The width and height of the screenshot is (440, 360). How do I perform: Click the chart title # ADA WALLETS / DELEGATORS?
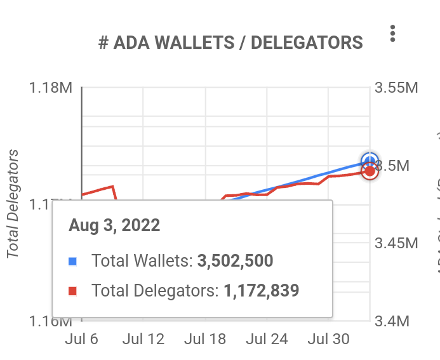(231, 43)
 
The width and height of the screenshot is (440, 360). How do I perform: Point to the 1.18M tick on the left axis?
(51, 88)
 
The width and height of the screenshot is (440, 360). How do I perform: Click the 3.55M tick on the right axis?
(397, 88)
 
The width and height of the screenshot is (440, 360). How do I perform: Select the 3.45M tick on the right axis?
(397, 243)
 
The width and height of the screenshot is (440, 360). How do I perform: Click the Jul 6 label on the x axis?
(82, 339)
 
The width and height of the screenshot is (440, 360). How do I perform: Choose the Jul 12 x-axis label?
(143, 339)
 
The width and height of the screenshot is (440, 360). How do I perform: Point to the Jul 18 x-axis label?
(205, 339)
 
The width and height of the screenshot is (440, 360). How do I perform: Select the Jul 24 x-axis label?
(267, 339)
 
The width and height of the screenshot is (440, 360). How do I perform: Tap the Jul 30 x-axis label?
(328, 339)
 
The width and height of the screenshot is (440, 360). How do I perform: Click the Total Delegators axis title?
(12, 204)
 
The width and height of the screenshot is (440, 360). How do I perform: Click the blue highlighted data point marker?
(370, 161)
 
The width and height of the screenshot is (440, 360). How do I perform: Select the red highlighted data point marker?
(370, 171)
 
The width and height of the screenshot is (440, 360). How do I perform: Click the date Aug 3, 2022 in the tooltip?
(114, 225)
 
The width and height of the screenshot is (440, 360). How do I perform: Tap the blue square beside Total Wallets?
(73, 261)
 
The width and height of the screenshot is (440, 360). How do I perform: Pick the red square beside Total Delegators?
(73, 291)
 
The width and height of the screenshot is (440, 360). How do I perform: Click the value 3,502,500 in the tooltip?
(235, 261)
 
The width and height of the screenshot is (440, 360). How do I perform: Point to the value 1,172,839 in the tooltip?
(261, 291)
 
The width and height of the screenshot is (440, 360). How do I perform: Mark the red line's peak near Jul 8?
(112, 187)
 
